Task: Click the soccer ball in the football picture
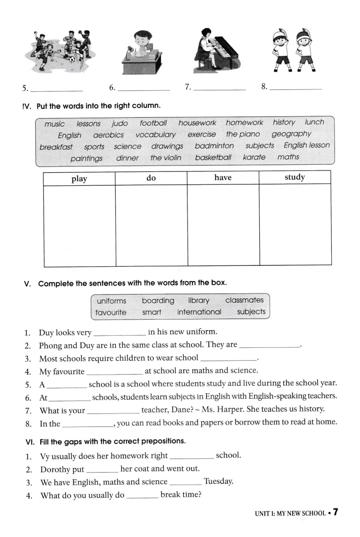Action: coord(72,59)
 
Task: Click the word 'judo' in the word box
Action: coord(119,124)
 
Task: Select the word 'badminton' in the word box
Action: coord(214,146)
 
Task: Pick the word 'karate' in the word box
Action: coord(254,157)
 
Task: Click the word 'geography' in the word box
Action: coord(291,134)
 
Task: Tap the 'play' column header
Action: coord(79,179)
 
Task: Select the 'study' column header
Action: coord(295,177)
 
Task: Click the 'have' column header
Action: coord(223,178)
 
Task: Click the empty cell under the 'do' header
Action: coord(151,226)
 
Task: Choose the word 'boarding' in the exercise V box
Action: coord(158,301)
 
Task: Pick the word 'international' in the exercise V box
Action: coord(199,312)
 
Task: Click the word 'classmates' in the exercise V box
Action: coord(244,300)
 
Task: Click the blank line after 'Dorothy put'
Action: coord(102,472)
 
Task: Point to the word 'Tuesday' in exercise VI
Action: coord(219,482)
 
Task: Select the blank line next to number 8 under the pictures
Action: coord(296,89)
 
